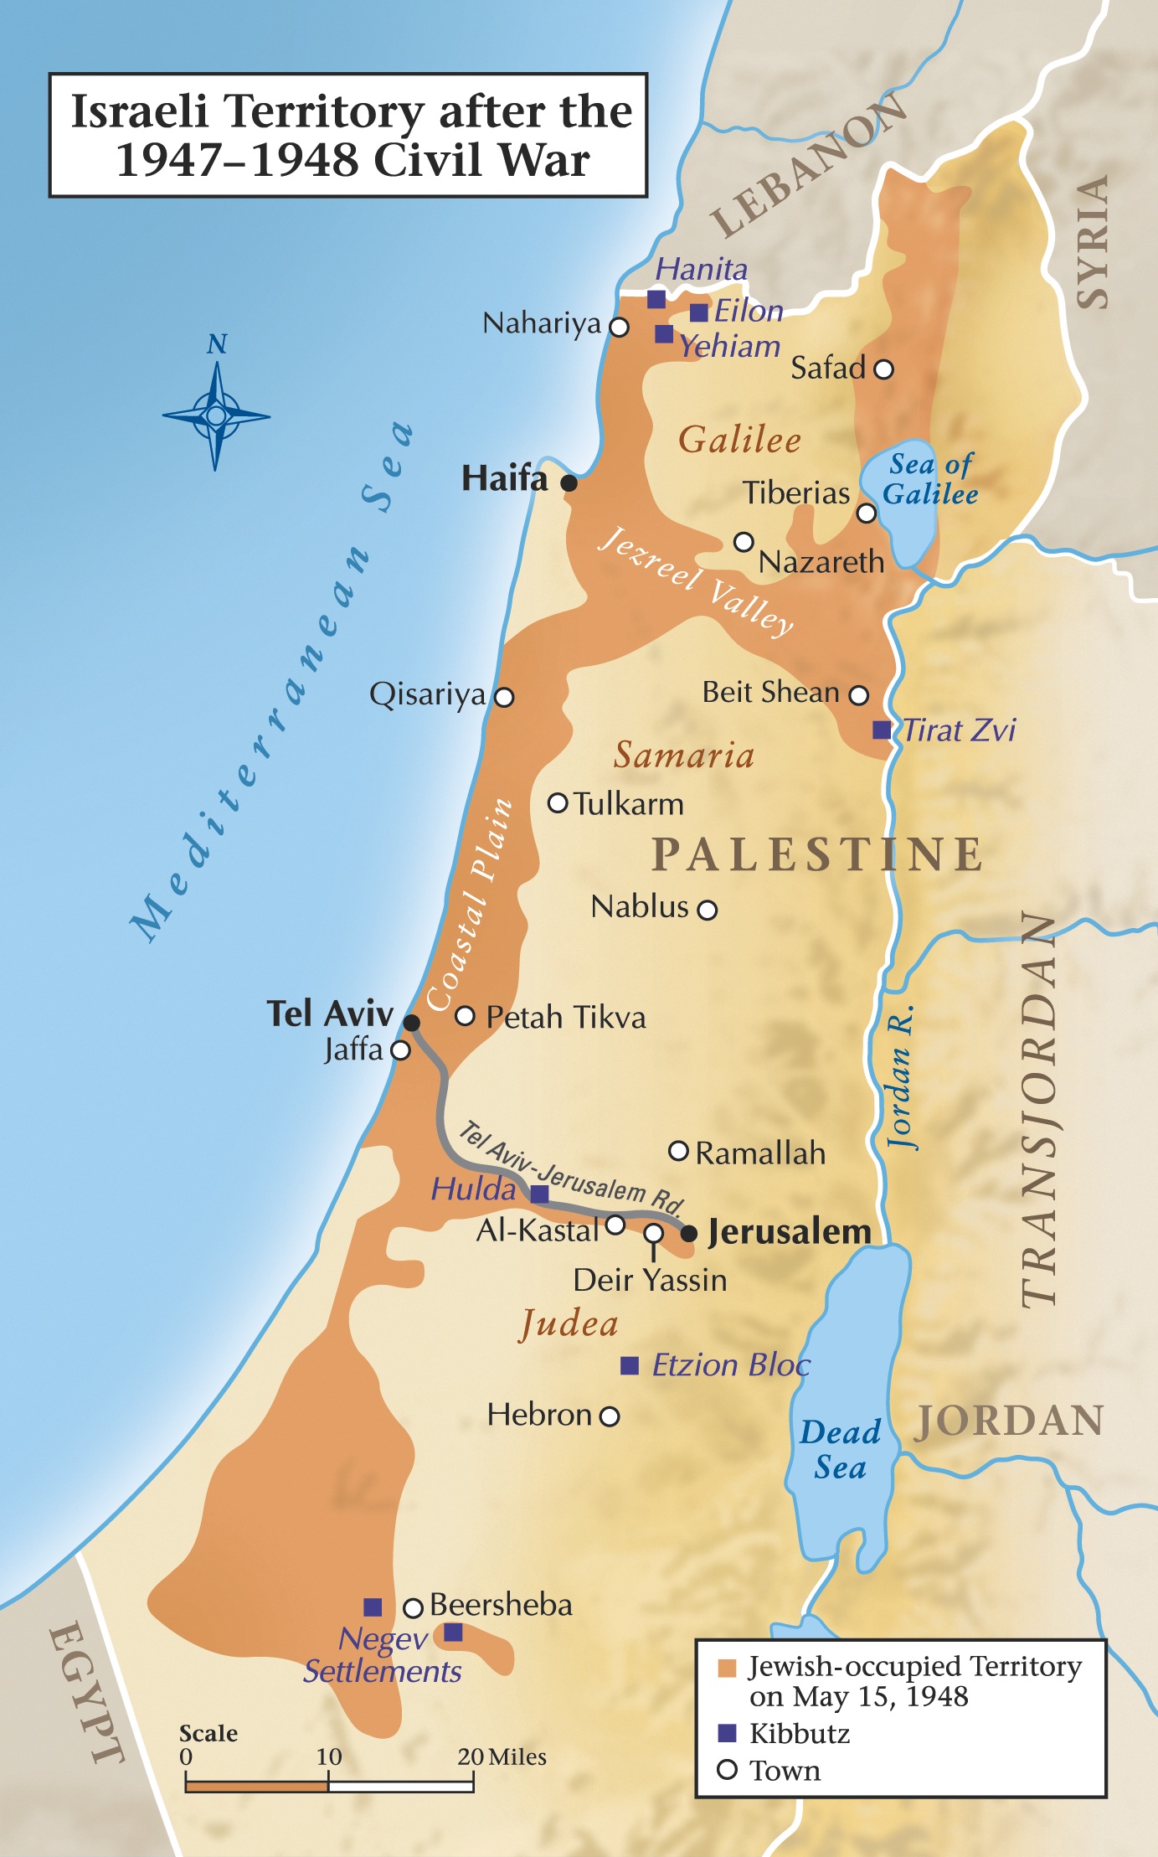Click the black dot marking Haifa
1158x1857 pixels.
[569, 482]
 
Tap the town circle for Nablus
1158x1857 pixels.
[708, 910]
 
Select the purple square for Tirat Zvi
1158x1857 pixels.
[882, 730]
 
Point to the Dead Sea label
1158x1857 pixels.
[840, 1450]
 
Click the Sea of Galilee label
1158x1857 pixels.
[930, 479]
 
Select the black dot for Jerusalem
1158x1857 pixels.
[689, 1233]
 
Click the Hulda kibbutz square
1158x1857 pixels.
[540, 1194]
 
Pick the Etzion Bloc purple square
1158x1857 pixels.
[629, 1365]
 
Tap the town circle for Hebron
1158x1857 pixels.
[610, 1416]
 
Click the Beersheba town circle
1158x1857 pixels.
[413, 1607]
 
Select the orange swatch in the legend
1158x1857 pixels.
[727, 1668]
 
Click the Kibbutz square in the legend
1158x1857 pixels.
[727, 1732]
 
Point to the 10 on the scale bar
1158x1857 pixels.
[329, 1756]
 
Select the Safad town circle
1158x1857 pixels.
[883, 369]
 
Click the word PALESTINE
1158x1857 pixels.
[817, 854]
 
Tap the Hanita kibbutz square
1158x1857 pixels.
[656, 299]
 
